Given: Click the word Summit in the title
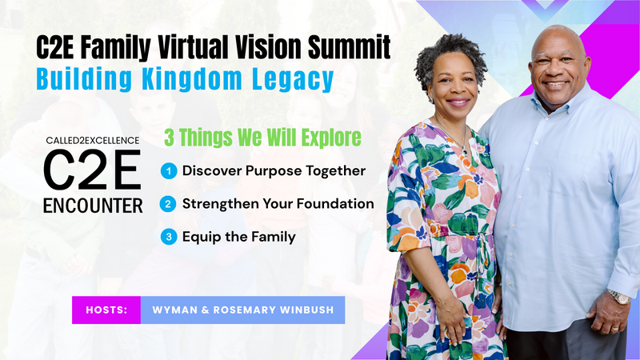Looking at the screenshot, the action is [349, 47].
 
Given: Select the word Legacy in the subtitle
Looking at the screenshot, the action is [293, 80].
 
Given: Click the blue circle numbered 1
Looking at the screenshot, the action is [169, 171].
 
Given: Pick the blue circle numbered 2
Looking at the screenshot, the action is [168, 204].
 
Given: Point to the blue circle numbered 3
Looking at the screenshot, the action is [169, 237].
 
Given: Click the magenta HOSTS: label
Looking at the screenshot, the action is [106, 310].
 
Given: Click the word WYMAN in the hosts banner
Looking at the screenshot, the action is [175, 310].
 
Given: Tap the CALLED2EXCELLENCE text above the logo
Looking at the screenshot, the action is [93, 141].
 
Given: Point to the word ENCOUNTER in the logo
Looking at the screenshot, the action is [93, 206].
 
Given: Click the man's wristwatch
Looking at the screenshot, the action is [619, 297].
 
